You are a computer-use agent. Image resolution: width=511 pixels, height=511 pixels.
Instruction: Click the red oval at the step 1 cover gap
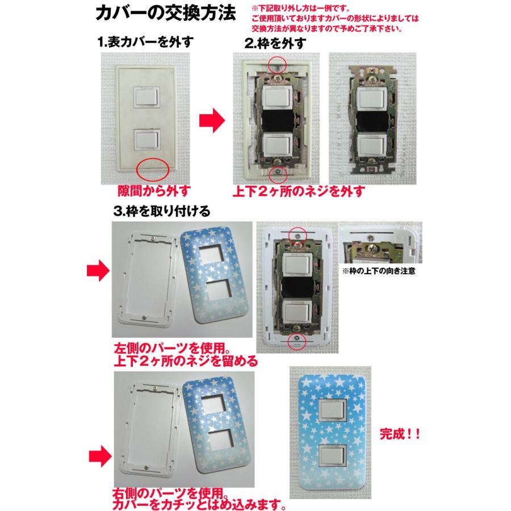point(153,168)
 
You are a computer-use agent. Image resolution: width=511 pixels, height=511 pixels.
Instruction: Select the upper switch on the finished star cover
point(332,411)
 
